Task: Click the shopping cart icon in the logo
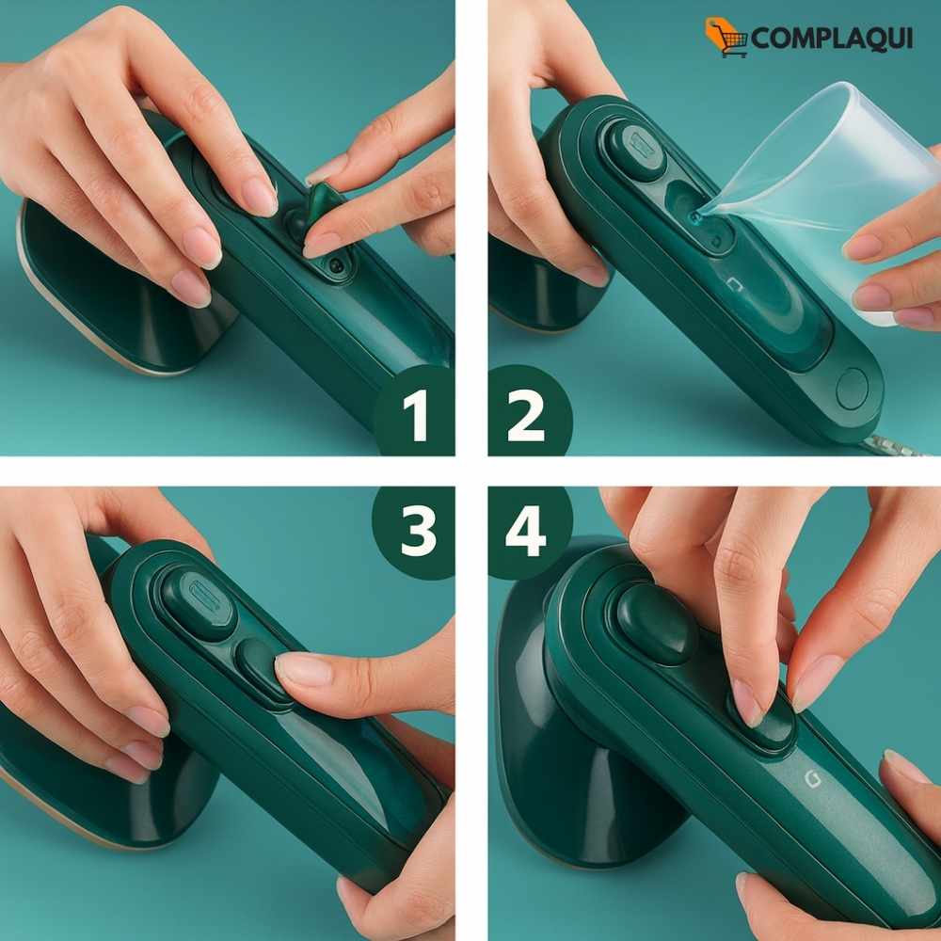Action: click(x=726, y=38)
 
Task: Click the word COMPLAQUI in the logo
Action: click(x=831, y=39)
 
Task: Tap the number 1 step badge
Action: click(x=414, y=412)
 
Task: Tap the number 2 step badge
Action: click(x=528, y=412)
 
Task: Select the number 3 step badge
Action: click(x=415, y=532)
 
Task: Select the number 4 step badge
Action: click(x=528, y=532)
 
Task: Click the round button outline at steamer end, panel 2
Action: click(x=853, y=389)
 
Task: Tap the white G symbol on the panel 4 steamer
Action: click(x=812, y=778)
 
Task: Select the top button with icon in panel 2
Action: click(x=637, y=149)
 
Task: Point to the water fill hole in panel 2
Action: click(x=696, y=216)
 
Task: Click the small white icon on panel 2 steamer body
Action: click(x=735, y=284)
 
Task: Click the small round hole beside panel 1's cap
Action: click(x=335, y=264)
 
